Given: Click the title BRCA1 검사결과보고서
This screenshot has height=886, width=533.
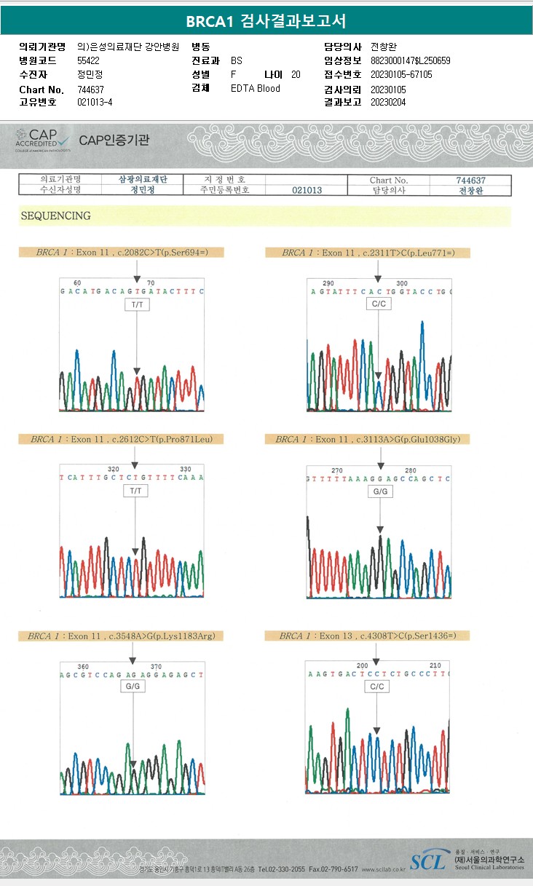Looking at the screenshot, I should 266,20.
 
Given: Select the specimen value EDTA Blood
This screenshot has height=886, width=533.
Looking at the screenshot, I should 255,89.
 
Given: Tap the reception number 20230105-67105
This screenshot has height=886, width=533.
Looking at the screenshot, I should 401,74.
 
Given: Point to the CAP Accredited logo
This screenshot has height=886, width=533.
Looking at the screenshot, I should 43,139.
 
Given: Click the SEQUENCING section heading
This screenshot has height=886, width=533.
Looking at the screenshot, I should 56,216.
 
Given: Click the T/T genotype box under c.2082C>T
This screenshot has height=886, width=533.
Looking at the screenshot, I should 137,305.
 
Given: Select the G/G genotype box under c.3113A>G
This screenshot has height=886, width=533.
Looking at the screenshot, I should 380,492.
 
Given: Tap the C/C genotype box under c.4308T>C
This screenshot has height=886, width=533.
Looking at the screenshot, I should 376,686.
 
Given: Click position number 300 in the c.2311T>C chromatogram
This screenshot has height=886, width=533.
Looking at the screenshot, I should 402,283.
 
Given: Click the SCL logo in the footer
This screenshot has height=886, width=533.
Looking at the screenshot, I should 428,861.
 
